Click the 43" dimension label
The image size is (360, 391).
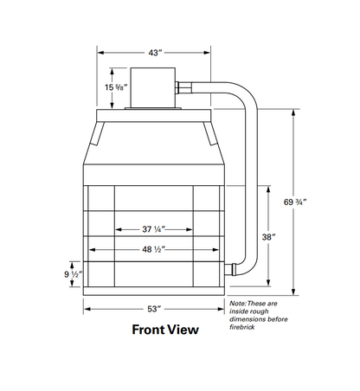click(155, 53)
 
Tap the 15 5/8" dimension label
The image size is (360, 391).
click(116, 87)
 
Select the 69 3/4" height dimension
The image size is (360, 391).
click(295, 202)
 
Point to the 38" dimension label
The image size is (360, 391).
click(268, 237)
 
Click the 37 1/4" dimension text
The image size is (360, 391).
click(153, 229)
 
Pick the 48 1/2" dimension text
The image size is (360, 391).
click(153, 249)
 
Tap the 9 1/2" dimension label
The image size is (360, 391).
click(74, 274)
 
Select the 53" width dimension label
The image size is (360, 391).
click(154, 309)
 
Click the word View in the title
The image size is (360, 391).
click(184, 330)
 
